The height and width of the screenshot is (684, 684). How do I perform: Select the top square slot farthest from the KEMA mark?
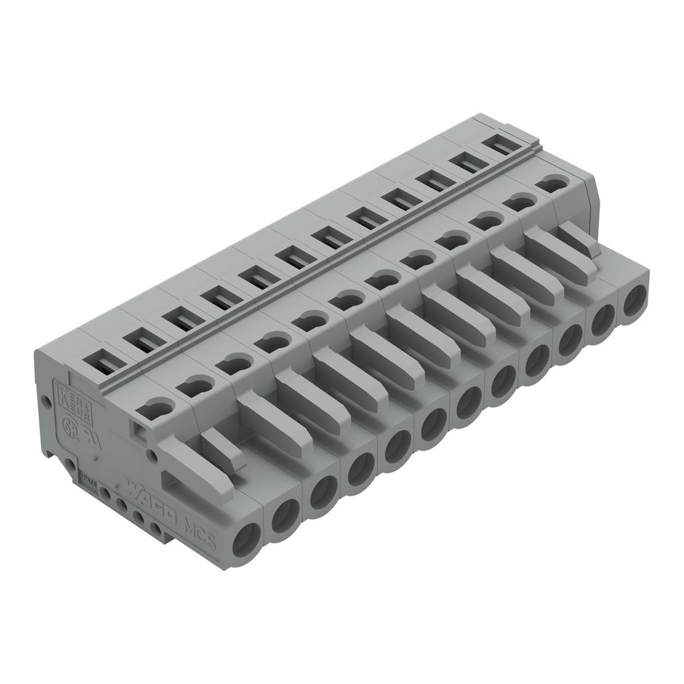[499, 144]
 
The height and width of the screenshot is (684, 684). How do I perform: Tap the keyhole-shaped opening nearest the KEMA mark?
[157, 408]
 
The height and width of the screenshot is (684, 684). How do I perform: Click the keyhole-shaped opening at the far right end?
[553, 182]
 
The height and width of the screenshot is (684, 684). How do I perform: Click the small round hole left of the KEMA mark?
[47, 400]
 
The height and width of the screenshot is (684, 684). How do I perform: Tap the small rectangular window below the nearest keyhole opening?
[140, 432]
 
